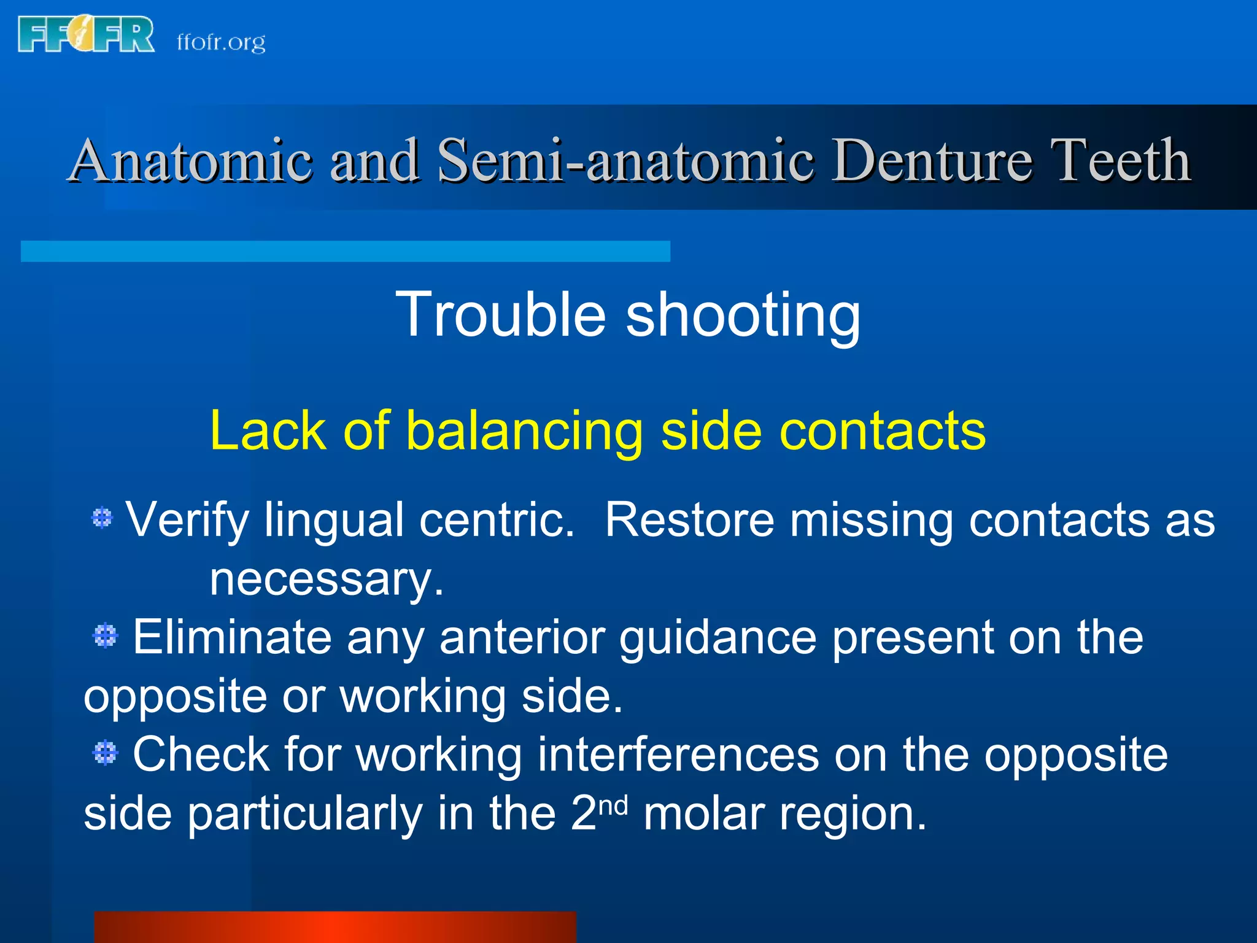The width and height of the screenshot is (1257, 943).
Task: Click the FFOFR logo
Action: (86, 35)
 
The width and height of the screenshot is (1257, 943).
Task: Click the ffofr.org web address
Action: (221, 42)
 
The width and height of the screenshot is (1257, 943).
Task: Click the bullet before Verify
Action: (102, 518)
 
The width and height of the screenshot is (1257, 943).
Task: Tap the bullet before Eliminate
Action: (106, 635)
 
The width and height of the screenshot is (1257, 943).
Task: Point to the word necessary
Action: (326, 579)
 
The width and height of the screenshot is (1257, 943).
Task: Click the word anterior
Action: (521, 637)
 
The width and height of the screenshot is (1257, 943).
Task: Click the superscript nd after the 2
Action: (613, 805)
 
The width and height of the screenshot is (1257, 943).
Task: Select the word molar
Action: (703, 813)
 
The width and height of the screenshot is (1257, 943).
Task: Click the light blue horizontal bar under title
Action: (345, 251)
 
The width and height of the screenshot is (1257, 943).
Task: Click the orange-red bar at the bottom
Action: (335, 927)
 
